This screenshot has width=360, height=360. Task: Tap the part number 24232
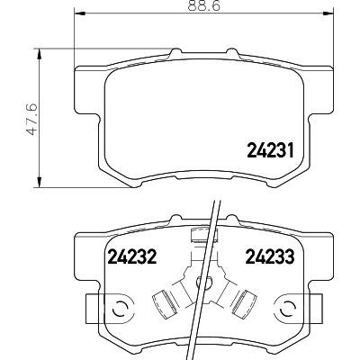132,256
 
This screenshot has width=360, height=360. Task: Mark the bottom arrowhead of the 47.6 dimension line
39,183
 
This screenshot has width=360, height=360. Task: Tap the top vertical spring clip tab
203,238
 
